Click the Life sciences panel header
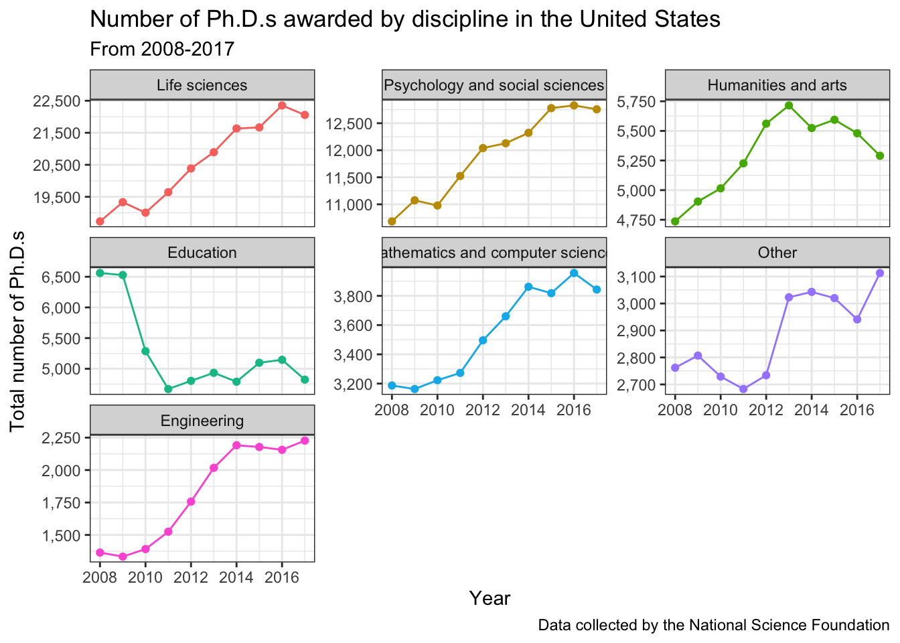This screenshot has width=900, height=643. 202,85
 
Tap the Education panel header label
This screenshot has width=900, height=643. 202,253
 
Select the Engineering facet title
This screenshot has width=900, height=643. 202,421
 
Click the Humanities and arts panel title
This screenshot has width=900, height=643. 777,85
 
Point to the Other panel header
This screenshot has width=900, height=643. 777,253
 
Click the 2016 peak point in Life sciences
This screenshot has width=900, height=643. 282,105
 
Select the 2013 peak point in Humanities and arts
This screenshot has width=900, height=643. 789,105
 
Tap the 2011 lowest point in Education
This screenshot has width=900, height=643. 168,388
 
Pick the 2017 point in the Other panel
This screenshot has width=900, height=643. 880,273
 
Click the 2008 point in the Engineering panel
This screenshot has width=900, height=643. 100,553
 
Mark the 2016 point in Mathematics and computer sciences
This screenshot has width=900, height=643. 574,273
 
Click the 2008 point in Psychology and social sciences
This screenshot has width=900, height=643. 392,221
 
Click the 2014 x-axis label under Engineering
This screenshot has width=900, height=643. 236,577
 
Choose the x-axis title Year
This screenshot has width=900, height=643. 490,598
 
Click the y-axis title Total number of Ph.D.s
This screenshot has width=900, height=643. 18,331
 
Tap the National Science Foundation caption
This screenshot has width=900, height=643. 713,626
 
